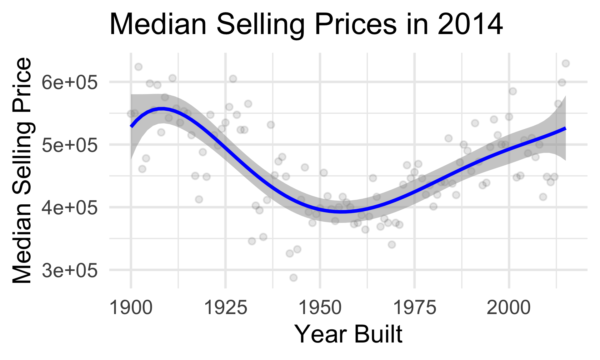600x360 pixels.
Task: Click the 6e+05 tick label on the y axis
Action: click(x=70, y=83)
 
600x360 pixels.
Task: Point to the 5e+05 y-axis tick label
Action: click(x=70, y=145)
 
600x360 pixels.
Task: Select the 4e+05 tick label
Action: click(x=70, y=208)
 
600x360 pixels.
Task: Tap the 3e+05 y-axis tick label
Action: click(x=70, y=270)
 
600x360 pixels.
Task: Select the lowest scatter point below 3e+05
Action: click(x=293, y=277)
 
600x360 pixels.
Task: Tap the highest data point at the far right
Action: click(x=566, y=63)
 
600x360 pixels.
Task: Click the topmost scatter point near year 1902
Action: click(x=138, y=67)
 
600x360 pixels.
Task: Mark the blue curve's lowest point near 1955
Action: click(x=342, y=212)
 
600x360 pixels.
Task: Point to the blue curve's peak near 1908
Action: click(x=161, y=109)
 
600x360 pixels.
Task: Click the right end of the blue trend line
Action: click(x=565, y=128)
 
